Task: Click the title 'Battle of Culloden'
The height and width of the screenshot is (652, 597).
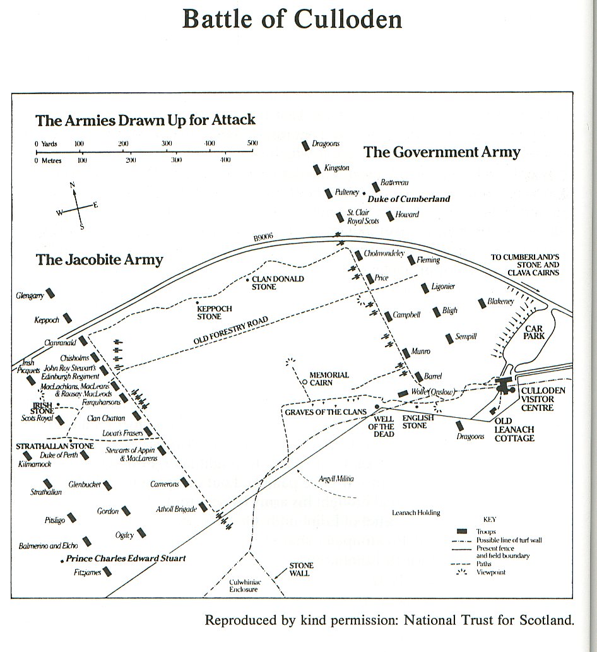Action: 292,20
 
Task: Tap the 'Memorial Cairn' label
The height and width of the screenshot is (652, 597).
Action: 329,379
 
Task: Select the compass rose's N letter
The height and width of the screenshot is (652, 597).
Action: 73,184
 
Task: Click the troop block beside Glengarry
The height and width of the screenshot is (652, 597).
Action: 50,293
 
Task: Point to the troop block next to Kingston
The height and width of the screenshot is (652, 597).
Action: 317,169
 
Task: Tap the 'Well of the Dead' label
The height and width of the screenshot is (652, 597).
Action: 384,426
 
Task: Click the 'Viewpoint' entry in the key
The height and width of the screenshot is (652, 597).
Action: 492,572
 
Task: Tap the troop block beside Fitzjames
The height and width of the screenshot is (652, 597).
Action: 107,572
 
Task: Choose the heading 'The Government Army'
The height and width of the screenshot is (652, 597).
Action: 442,152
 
